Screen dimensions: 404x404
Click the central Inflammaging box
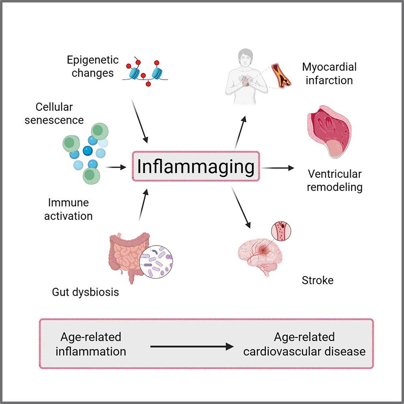196,166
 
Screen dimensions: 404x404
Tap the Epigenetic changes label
92,67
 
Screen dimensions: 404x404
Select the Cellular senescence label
54,114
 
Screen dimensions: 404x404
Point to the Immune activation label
68,209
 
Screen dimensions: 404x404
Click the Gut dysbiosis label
85,292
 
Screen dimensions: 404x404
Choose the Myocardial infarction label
329,73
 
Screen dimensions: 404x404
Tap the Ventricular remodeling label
334,181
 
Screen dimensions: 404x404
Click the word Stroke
317,280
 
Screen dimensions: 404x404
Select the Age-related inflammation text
91,344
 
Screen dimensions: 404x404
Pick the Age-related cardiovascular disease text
304,344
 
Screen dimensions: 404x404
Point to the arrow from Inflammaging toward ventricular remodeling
277,168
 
